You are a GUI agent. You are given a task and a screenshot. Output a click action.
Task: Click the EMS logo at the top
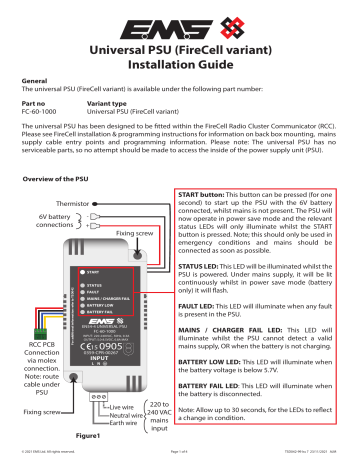(x=181, y=21)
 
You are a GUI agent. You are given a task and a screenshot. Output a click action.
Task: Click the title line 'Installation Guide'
(x=181, y=65)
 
